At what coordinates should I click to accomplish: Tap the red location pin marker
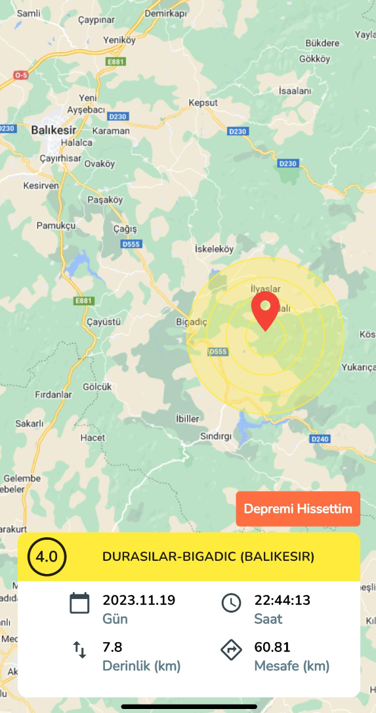click(265, 310)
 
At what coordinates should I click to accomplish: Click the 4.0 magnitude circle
click(47, 557)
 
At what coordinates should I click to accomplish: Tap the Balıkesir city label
click(54, 129)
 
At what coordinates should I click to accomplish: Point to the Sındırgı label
click(215, 436)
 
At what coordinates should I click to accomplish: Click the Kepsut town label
click(203, 103)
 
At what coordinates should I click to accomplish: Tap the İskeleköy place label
click(215, 249)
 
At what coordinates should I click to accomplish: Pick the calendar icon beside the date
click(79, 602)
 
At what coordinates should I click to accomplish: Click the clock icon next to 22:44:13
click(231, 602)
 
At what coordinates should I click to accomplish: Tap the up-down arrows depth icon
click(79, 649)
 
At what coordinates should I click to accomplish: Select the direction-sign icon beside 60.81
click(231, 649)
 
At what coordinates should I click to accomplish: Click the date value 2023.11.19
click(138, 600)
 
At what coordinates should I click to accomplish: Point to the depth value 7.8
click(112, 647)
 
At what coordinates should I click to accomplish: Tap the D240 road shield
click(319, 438)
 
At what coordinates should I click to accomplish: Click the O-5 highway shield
click(21, 75)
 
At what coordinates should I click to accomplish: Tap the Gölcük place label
click(97, 386)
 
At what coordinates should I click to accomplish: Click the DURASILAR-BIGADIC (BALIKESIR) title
click(208, 557)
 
